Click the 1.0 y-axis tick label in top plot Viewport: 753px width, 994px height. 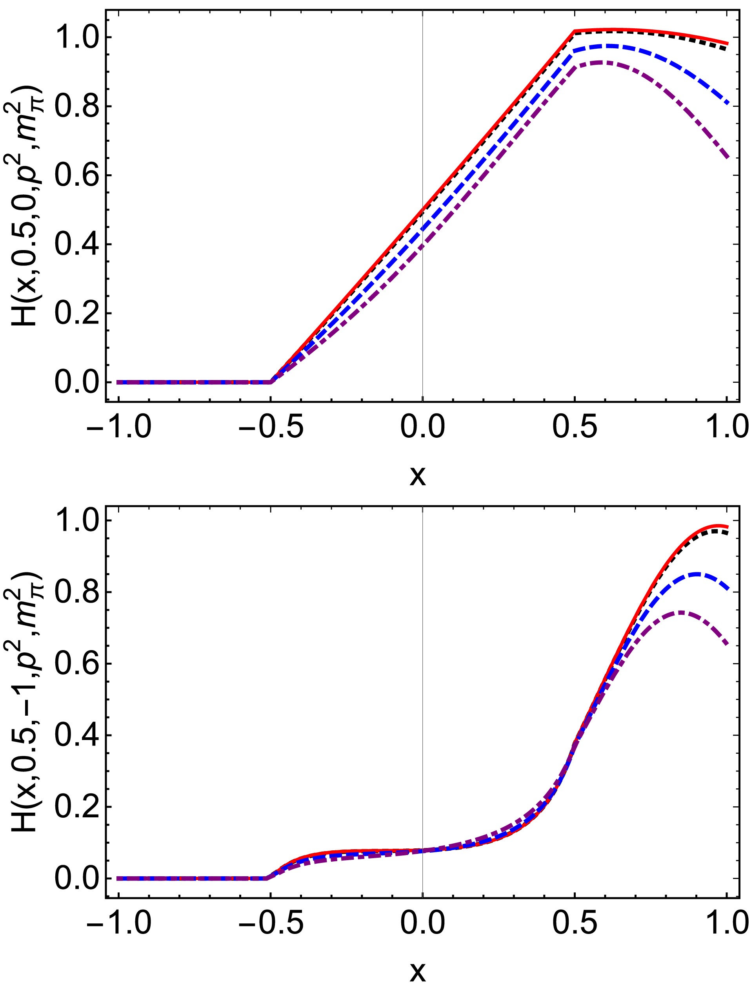(x=75, y=38)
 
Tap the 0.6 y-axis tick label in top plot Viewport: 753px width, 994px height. (x=75, y=176)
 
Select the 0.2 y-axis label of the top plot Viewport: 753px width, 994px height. (x=75, y=314)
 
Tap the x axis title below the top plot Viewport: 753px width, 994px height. (x=418, y=477)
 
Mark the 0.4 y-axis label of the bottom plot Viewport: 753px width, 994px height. (x=75, y=735)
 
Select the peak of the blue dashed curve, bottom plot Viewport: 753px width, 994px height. (x=697, y=574)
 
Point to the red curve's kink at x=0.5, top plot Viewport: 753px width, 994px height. (x=575, y=31)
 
